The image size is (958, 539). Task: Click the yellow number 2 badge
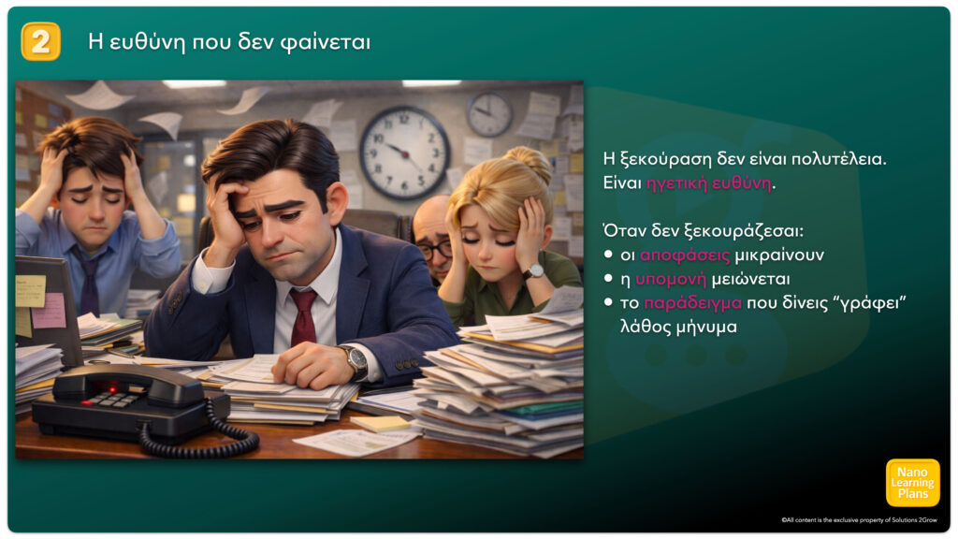point(41,41)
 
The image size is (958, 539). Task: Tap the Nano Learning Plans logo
point(913,483)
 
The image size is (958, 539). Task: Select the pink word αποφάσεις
point(685,255)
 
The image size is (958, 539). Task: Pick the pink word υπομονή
point(671,279)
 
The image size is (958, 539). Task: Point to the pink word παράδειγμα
point(693,303)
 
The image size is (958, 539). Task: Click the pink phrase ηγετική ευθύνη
point(709,182)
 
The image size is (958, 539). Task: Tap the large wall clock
point(404,153)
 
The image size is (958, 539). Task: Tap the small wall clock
point(489,114)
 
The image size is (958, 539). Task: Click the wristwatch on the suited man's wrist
point(356,362)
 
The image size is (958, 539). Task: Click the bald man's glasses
point(434,249)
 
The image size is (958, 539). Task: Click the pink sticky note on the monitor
point(49,311)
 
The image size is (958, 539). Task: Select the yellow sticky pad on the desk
point(380,423)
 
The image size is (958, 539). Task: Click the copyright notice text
point(859,520)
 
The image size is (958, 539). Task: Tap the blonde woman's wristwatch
point(532,271)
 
